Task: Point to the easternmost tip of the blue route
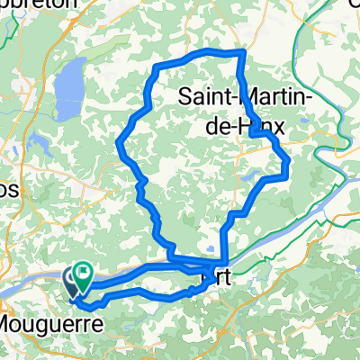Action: click(x=288, y=164)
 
